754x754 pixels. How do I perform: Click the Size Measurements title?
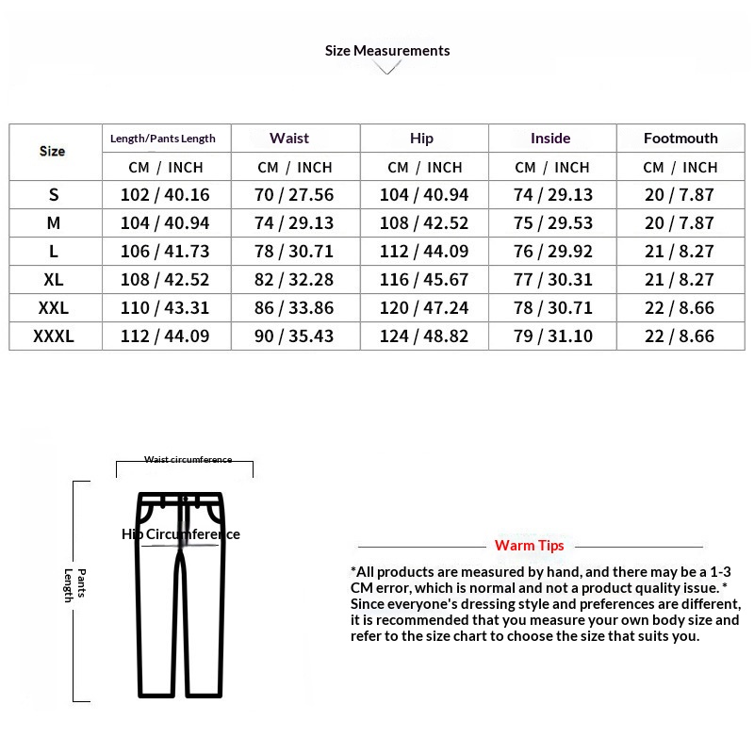click(387, 51)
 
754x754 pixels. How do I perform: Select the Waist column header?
click(289, 139)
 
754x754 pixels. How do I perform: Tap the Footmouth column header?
click(680, 139)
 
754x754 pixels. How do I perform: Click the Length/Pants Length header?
click(163, 139)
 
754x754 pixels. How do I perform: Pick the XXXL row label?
click(54, 336)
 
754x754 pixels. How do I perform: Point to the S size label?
click(54, 195)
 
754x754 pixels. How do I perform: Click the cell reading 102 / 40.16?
click(166, 195)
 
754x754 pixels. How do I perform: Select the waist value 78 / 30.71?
click(295, 252)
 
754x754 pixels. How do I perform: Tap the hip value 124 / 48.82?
click(423, 336)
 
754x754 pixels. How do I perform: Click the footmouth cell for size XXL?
click(679, 308)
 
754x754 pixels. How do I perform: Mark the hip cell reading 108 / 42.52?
click(423, 223)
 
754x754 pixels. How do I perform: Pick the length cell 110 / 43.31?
click(166, 308)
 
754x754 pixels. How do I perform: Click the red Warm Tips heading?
click(530, 546)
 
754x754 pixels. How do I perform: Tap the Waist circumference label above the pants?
click(188, 460)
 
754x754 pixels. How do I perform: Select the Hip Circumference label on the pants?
click(181, 534)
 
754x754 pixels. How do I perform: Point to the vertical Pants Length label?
click(74, 585)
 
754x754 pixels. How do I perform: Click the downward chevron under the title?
click(387, 68)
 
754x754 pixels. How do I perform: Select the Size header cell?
click(53, 152)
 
